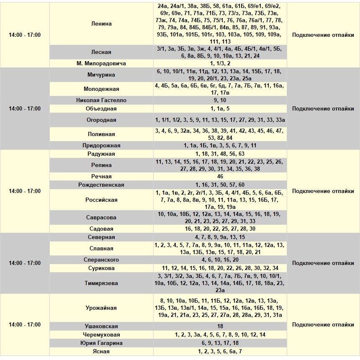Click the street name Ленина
101,24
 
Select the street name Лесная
101,52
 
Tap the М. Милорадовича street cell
101,64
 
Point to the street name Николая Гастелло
101,100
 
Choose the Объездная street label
101,109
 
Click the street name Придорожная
101,146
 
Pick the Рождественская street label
101,185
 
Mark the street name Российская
101,200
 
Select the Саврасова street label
101,218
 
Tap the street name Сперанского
101,260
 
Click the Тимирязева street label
101,283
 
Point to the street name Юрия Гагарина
101,343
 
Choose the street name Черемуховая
101,335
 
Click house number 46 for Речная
220,177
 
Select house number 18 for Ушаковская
220,327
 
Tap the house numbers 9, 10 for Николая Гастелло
220,100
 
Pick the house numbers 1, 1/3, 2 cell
220,64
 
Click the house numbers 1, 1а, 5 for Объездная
220,109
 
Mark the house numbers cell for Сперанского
220,260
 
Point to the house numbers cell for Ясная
220,352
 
